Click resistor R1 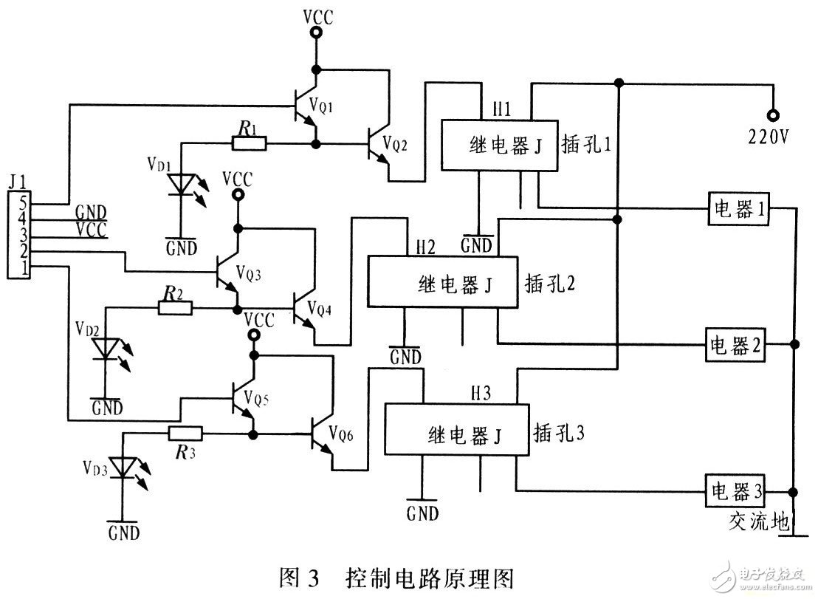(x=247, y=143)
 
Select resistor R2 (x=175, y=308)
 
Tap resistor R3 (x=187, y=434)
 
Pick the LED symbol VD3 (x=123, y=468)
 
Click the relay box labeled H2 (x=442, y=281)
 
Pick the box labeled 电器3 (x=738, y=490)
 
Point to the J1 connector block (x=20, y=233)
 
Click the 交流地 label (x=755, y=522)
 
